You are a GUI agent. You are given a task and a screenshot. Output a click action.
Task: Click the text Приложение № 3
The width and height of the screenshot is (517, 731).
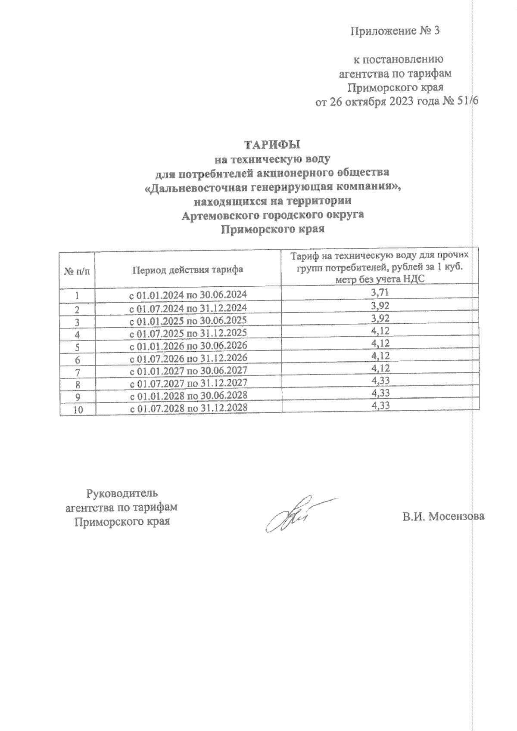tap(395, 31)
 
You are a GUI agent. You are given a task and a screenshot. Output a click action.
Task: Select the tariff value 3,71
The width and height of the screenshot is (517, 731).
tap(380, 293)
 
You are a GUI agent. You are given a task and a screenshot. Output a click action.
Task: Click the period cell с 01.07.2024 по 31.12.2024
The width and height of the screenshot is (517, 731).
tap(188, 308)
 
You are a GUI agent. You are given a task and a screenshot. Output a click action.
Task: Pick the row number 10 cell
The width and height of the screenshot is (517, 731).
tap(78, 410)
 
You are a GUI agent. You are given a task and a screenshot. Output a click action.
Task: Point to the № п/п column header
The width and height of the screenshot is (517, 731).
tap(78, 272)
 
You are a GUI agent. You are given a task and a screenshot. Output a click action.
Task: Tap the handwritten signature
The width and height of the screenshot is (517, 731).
tap(297, 514)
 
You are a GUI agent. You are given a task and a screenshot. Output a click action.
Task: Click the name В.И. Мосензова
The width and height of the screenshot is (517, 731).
tap(443, 516)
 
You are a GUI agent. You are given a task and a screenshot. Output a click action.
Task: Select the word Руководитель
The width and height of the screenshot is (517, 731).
tap(122, 492)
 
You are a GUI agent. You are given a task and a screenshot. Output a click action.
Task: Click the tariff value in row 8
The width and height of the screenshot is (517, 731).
tap(380, 381)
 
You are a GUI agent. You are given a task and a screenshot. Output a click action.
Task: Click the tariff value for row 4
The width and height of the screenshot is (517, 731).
tap(380, 331)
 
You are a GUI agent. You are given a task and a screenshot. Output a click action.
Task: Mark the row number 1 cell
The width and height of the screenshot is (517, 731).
tap(77, 296)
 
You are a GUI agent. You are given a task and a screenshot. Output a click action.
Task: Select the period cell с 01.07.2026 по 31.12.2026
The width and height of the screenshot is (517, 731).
tap(188, 358)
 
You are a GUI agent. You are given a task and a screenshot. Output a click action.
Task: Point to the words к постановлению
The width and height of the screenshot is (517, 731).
tap(397, 59)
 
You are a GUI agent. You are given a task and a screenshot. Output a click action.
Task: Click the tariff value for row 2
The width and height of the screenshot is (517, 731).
tap(380, 306)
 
